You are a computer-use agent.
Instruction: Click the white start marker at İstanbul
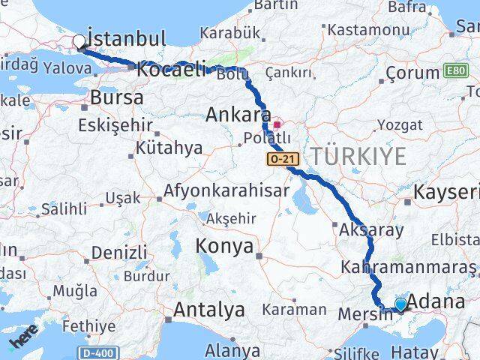79,42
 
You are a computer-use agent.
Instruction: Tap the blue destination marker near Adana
400,304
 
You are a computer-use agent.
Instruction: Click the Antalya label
209,309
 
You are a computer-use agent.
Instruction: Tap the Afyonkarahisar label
226,190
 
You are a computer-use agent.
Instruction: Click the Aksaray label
372,229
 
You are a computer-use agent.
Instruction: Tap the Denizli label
120,252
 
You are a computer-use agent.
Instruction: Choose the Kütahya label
169,148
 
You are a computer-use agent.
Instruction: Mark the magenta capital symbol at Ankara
277,124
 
